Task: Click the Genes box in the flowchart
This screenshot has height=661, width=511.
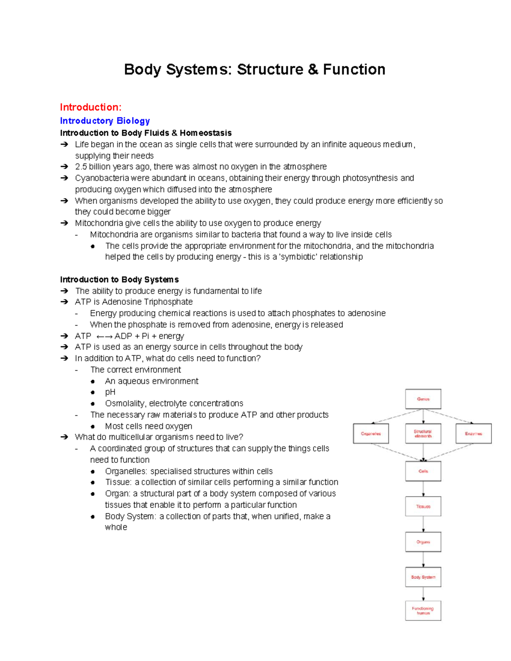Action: point(423,399)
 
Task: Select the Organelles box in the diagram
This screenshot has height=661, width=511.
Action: point(371,434)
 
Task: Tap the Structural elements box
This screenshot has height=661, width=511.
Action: point(423,434)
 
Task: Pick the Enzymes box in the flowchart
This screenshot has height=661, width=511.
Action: point(474,434)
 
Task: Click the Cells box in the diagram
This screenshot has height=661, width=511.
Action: point(423,471)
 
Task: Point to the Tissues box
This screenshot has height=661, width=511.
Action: point(423,506)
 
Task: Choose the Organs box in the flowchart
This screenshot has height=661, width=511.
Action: point(423,542)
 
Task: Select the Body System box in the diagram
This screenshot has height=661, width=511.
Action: point(423,577)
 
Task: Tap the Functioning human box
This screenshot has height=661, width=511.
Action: point(423,611)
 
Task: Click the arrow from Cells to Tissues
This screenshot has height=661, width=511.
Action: point(423,489)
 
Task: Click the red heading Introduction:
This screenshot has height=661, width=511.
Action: point(91,107)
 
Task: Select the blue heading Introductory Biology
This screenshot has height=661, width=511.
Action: point(105,121)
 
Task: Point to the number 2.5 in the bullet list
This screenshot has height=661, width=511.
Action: point(81,166)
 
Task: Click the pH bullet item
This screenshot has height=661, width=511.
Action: point(110,392)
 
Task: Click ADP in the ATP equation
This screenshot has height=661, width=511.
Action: point(123,336)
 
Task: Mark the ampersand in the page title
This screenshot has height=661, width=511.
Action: point(313,69)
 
